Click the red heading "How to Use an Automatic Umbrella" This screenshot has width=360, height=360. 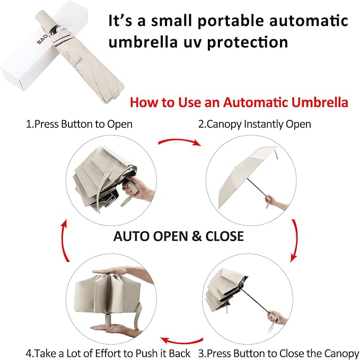point(239,102)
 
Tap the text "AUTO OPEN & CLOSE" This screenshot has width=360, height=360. point(179,236)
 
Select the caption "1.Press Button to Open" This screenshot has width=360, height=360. point(79,124)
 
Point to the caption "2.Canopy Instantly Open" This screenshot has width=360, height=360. point(254,124)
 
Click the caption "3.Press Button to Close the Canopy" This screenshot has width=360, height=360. point(279,353)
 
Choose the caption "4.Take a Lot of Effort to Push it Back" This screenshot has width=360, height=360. point(108,353)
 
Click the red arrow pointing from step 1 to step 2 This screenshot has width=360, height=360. point(180,142)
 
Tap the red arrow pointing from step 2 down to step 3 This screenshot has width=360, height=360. point(295,240)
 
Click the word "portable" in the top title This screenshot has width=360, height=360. point(231,21)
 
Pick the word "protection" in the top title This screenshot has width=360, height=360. point(248,42)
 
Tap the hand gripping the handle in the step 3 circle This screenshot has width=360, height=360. point(277,318)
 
